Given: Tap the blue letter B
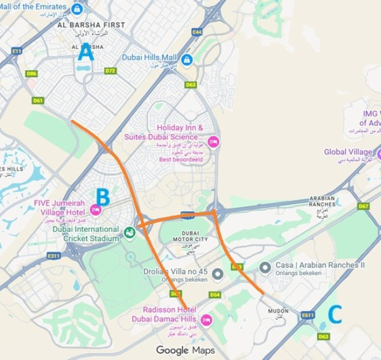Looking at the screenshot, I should point(103,196).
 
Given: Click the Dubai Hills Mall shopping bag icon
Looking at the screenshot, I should point(187,59).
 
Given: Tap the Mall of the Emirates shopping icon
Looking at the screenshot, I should point(77,9).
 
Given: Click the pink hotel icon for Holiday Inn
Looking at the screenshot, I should point(213,142).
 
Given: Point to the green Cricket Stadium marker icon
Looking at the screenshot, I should point(130,233).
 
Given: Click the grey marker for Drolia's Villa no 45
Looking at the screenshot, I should point(217,274).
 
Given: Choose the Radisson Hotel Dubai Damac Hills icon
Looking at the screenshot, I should point(205,319).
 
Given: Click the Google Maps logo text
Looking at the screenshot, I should point(185,350).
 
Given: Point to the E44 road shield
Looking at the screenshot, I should point(197,30).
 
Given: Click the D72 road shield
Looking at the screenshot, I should point(110,70).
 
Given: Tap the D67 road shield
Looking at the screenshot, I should point(363,206).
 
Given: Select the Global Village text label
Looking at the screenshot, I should point(348,152).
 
